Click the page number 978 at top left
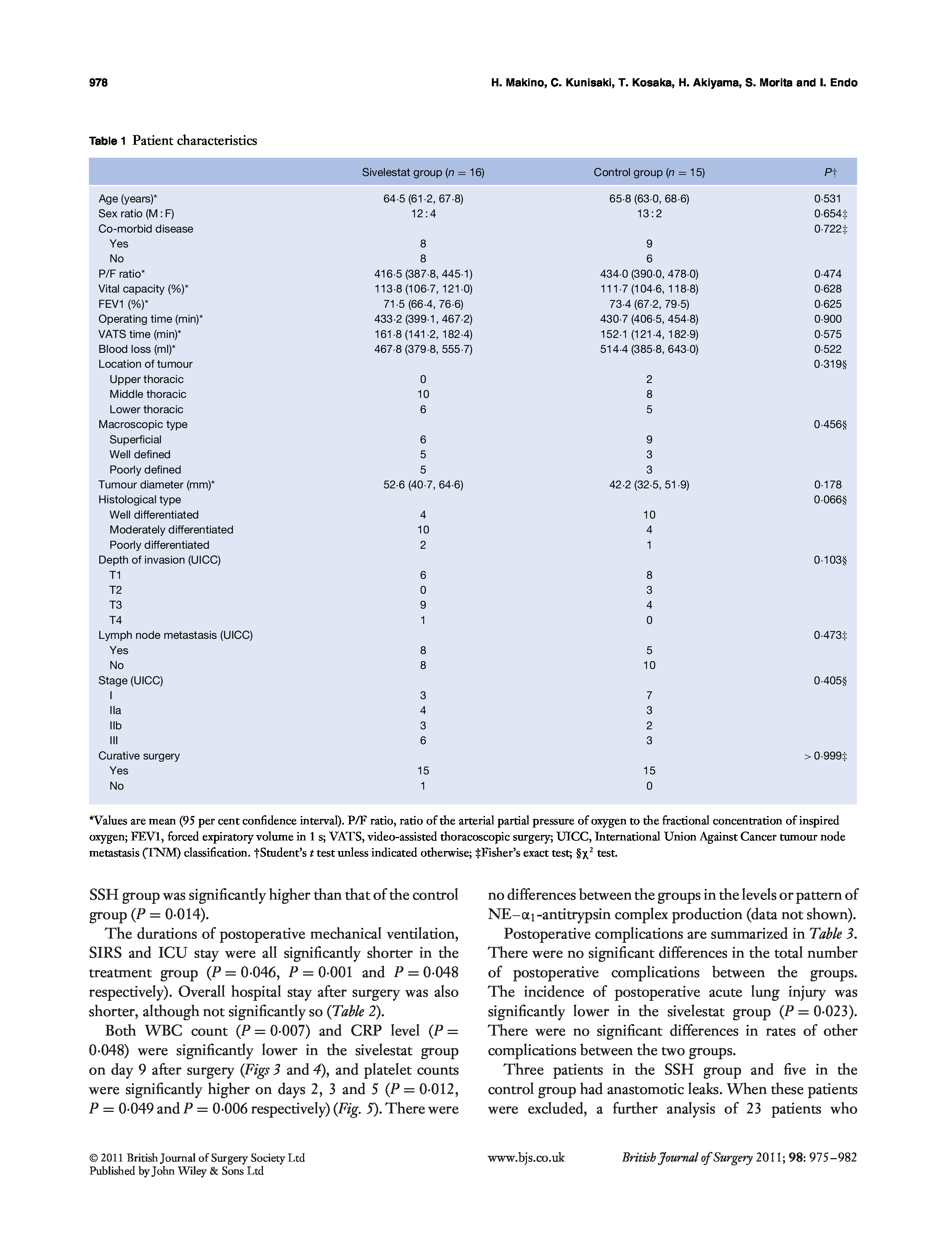pyautogui.click(x=98, y=83)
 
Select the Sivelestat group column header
pyautogui.click(x=423, y=173)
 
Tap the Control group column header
pyautogui.click(x=649, y=173)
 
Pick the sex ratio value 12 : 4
pyautogui.click(x=423, y=213)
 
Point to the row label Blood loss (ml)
pyautogui.click(x=137, y=349)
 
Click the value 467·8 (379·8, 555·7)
pyautogui.click(x=423, y=349)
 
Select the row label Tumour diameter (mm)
pyautogui.click(x=156, y=485)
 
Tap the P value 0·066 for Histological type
pyautogui.click(x=830, y=500)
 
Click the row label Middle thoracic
pyautogui.click(x=148, y=394)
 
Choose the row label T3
pyautogui.click(x=115, y=605)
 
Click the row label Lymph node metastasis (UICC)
pyautogui.click(x=175, y=635)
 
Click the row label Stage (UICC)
pyautogui.click(x=131, y=680)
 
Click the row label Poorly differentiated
pyautogui.click(x=160, y=545)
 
